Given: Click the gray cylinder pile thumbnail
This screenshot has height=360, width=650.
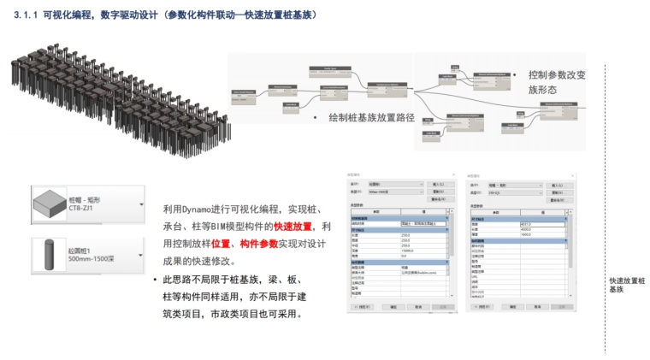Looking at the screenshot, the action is click(49, 254).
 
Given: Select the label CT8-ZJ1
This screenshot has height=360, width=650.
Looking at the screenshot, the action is click(81, 209).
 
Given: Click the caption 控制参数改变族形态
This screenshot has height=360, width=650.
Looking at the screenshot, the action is click(557, 82).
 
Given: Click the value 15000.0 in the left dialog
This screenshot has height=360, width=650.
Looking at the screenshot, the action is click(409, 252).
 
